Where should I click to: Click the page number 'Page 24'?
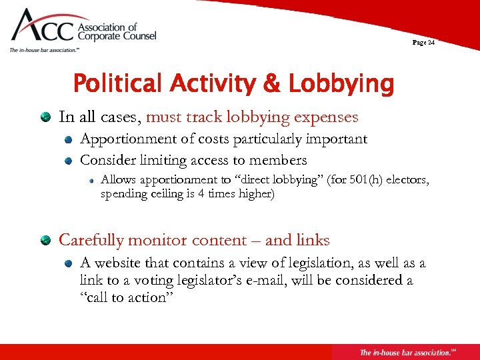tap(423, 43)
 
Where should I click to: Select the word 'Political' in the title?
tap(117, 85)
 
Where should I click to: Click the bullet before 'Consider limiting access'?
tap(68, 161)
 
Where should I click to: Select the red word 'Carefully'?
tap(92, 240)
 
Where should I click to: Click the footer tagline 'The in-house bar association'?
tap(403, 352)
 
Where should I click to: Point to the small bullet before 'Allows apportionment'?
tap(91, 181)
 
